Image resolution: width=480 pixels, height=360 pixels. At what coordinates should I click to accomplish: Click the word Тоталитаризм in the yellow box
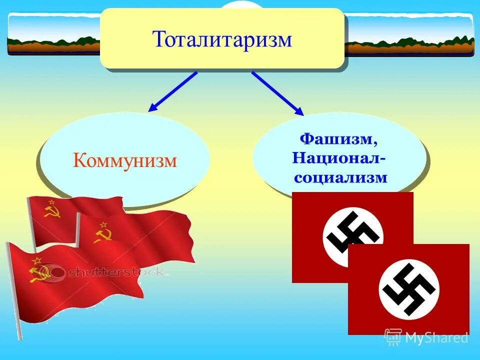coord(222,39)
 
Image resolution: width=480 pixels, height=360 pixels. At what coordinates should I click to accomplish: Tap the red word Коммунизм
coord(125,160)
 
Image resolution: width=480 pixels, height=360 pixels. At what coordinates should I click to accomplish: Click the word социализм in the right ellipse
coord(339,177)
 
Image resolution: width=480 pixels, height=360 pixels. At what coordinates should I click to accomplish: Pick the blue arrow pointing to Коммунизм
coord(172,91)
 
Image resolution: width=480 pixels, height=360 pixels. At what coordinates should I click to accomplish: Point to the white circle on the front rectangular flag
coord(408,289)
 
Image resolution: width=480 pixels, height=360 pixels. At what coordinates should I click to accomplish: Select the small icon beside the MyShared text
coord(393,337)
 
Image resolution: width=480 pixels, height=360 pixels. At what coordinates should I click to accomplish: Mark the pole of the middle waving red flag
coord(77,230)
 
